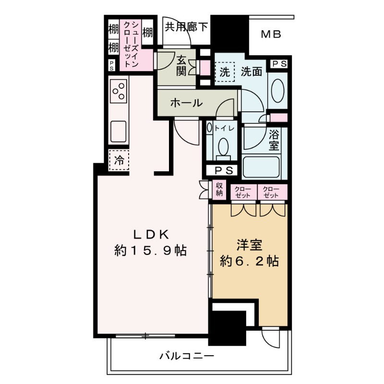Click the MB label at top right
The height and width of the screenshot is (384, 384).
click(271, 35)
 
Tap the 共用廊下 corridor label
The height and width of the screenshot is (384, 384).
click(187, 27)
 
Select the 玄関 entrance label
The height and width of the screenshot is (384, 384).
click(181, 66)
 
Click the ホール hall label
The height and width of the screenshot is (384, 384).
click(186, 103)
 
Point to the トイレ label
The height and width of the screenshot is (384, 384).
click(224, 128)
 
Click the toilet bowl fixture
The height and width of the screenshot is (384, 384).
click(223, 146)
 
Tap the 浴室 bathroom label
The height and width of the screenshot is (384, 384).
click(274, 139)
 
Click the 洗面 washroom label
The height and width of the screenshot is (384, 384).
click(251, 72)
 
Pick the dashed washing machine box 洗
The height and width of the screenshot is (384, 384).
click(225, 72)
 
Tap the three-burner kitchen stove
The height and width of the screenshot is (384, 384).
click(118, 91)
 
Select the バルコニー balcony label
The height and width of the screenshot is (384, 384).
click(186, 356)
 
